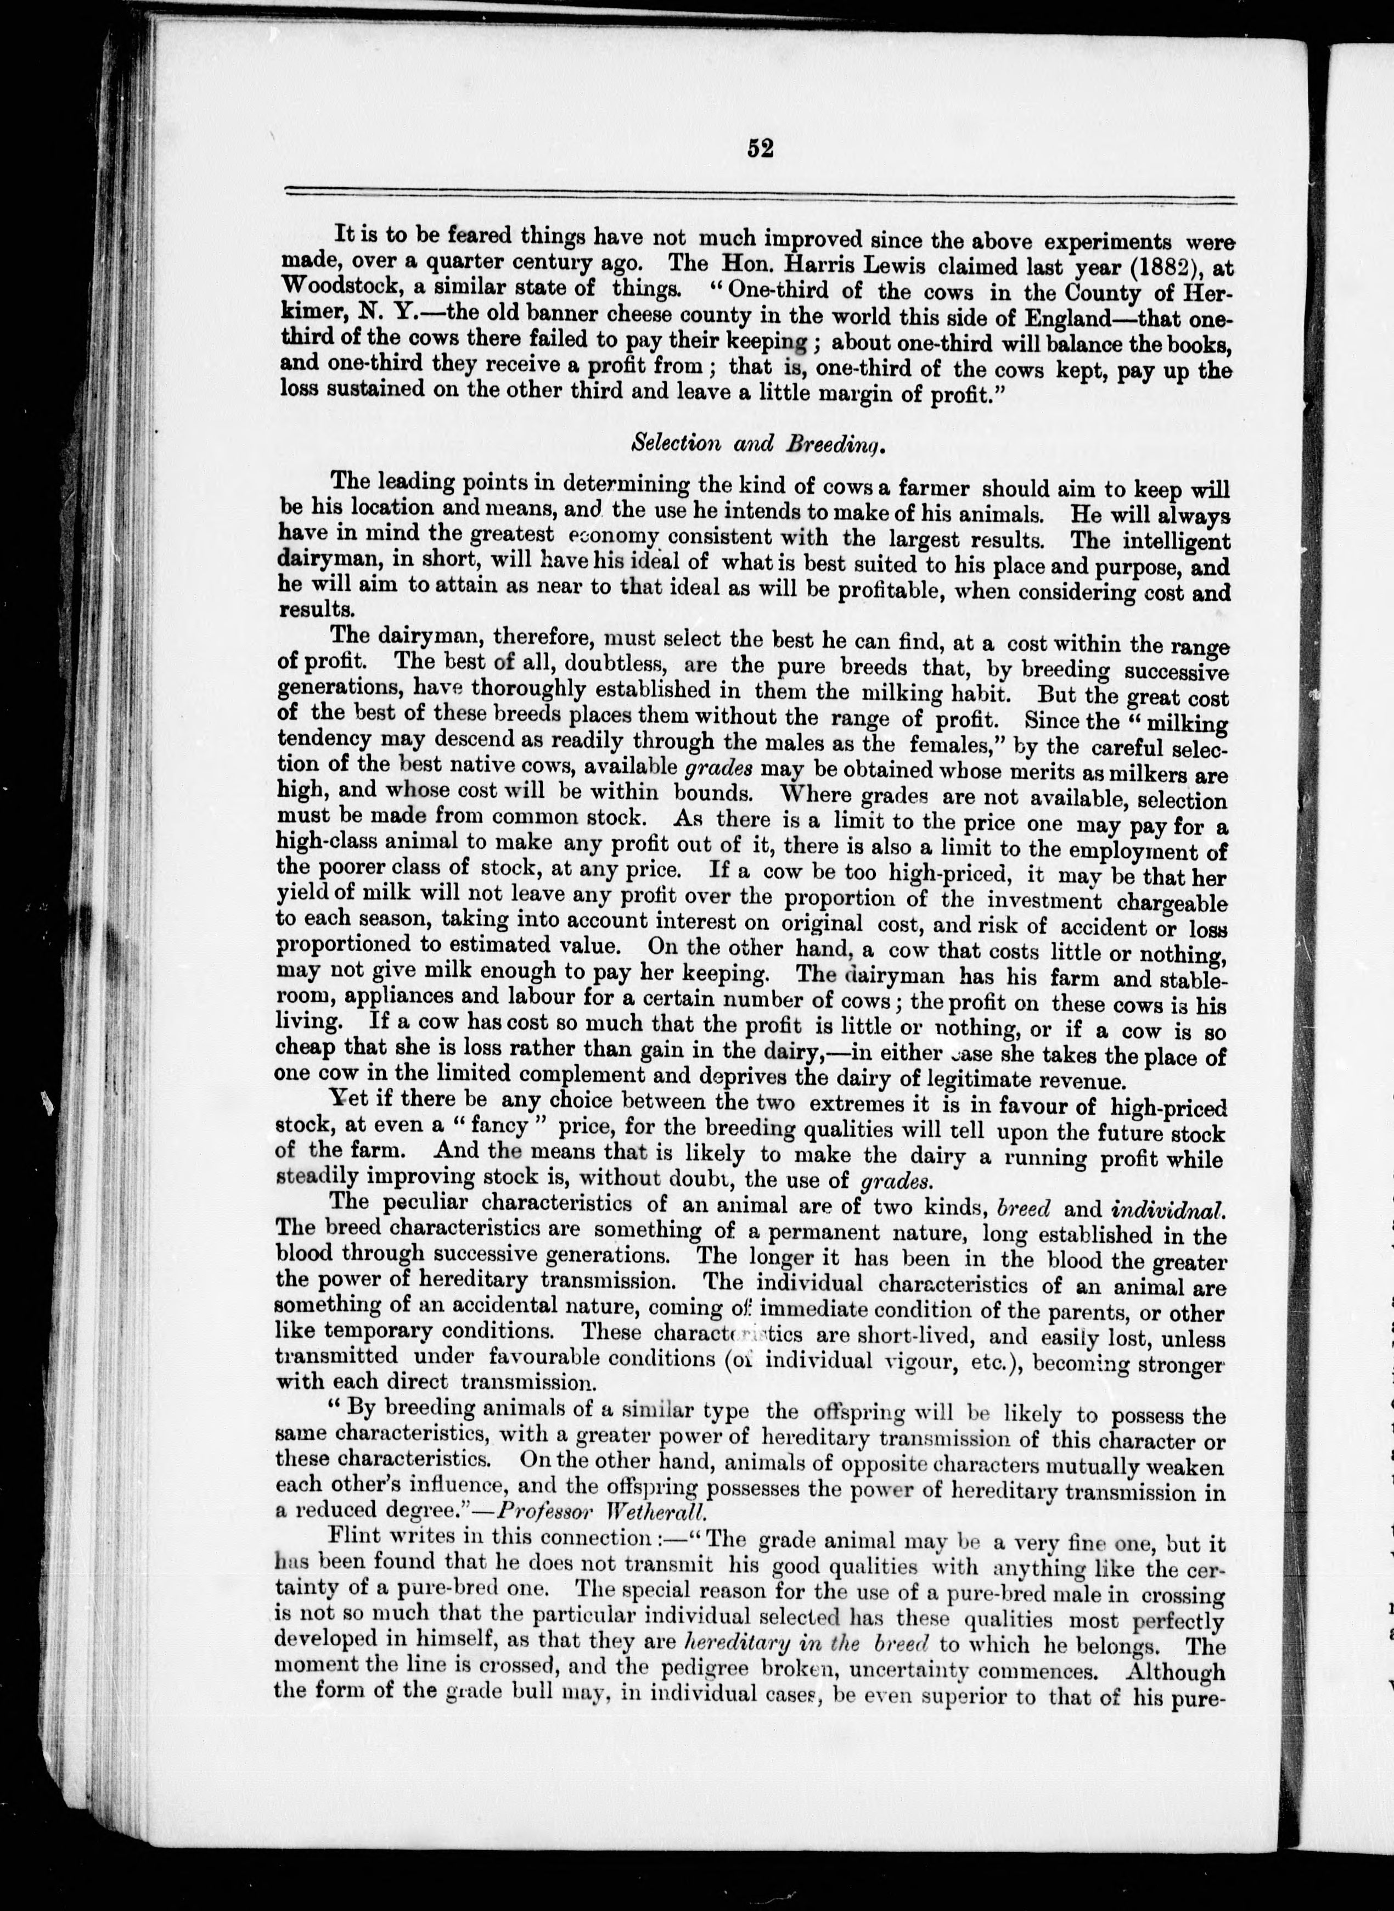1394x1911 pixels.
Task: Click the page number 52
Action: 760,149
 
